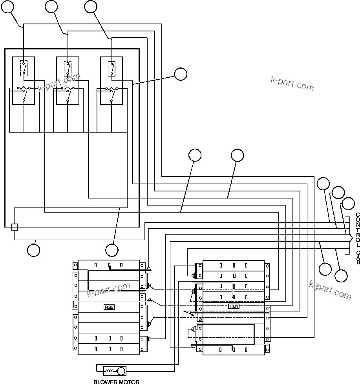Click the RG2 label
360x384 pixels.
click(109, 307)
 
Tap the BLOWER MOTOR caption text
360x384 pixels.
click(117, 381)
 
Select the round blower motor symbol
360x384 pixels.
click(121, 371)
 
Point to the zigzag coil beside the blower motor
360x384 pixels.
click(110, 371)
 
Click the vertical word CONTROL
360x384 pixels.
click(357, 230)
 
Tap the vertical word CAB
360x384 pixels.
click(357, 257)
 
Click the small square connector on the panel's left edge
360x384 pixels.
click(14, 227)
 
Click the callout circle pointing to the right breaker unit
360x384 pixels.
click(181, 74)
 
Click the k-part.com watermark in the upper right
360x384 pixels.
click(292, 83)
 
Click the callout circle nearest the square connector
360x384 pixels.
click(33, 250)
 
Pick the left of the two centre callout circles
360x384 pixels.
click(195, 155)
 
